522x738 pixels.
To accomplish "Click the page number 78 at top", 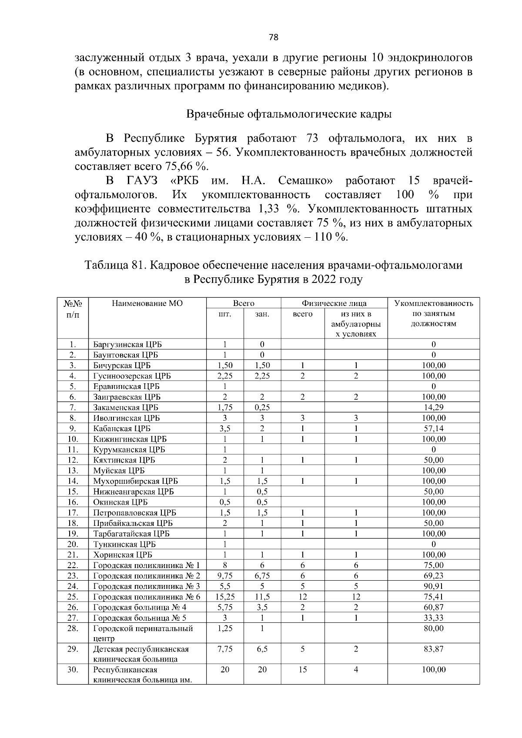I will (273, 37).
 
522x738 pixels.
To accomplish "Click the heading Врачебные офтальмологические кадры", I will (288, 114).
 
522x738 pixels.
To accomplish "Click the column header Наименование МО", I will (147, 303).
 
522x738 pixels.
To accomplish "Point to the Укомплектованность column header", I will (433, 303).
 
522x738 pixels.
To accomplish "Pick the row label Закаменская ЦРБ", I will (126, 407).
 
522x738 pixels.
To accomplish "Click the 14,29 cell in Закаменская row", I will (433, 407).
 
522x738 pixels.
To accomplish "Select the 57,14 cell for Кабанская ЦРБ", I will (433, 429).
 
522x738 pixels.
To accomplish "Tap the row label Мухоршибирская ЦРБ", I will (135, 481).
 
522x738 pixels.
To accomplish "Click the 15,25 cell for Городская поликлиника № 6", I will (225, 597).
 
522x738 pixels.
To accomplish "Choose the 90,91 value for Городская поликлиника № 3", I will (433, 586).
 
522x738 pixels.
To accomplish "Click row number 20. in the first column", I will (73, 544).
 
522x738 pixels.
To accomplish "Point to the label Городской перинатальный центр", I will (143, 633).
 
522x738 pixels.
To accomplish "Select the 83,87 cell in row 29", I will (433, 649).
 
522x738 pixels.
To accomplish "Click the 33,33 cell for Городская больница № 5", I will (433, 618).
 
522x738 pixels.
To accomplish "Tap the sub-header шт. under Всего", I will (225, 314).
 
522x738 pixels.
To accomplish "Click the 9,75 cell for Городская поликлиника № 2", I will (225, 576).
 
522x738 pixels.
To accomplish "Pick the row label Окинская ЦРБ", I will (120, 502).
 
